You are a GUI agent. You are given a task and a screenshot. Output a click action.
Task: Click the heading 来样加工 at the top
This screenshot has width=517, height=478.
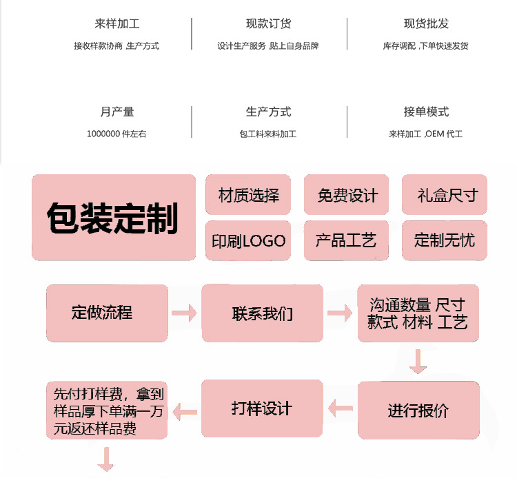click(x=117, y=23)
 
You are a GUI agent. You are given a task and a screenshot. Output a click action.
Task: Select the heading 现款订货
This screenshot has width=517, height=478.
click(x=268, y=23)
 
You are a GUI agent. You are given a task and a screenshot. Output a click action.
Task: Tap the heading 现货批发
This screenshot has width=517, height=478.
click(x=426, y=23)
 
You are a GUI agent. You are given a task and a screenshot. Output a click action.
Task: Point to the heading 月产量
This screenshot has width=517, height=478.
click(x=117, y=112)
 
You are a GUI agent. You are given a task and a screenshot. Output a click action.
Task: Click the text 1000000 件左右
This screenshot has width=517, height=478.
click(x=116, y=134)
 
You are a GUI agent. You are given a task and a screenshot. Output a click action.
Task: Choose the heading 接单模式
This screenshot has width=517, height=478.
click(x=426, y=112)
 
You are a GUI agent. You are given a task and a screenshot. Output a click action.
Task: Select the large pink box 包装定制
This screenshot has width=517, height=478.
click(x=114, y=218)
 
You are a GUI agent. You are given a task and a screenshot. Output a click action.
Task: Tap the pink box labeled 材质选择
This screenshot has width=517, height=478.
click(x=249, y=195)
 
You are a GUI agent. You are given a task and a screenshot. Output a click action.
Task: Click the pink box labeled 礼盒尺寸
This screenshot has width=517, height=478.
click(x=445, y=195)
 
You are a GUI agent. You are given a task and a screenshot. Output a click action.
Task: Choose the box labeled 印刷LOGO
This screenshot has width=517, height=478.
click(x=249, y=240)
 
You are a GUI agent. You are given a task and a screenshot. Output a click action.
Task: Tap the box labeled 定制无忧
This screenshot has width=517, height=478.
click(x=445, y=240)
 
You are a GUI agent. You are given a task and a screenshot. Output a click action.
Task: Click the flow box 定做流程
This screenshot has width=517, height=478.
click(x=107, y=313)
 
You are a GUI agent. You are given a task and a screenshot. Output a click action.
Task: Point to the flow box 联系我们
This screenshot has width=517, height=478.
click(x=262, y=313)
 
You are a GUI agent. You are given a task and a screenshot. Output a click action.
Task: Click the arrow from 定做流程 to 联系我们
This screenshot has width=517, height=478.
click(x=184, y=314)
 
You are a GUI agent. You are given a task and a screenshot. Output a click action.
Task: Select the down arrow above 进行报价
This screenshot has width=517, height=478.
click(x=418, y=362)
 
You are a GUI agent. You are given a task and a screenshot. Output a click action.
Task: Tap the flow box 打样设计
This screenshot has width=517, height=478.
click(x=262, y=408)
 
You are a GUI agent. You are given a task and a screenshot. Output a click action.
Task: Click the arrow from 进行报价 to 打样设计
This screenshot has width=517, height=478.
click(x=340, y=409)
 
